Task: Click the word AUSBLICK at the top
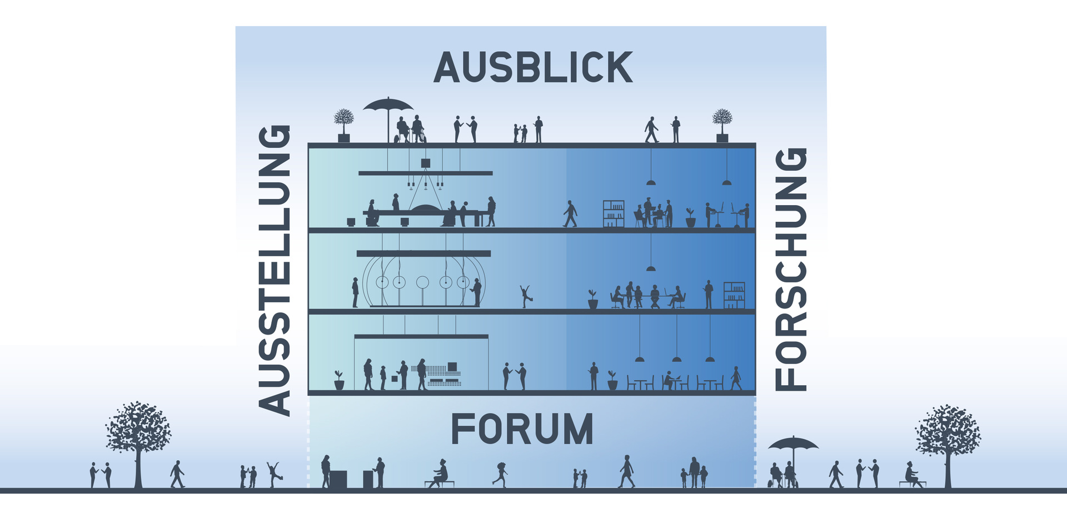533,68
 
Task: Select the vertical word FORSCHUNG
790,269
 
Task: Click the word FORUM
522,429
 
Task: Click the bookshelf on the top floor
614,213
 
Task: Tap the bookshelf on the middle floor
734,295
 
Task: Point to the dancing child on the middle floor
526,296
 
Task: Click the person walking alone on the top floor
570,214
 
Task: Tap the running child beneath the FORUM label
500,475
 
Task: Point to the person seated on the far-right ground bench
911,475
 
